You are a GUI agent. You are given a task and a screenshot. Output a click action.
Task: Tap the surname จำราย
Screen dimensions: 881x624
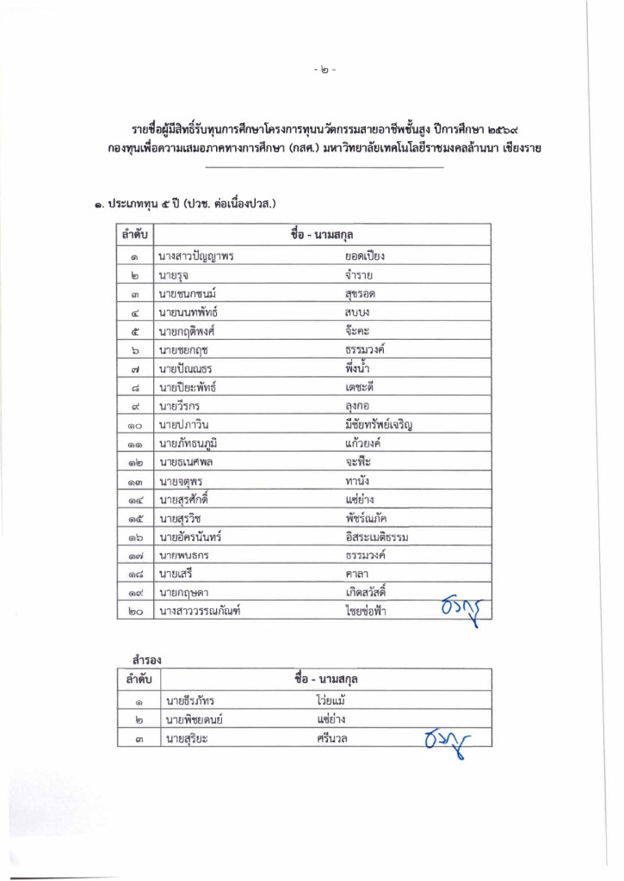[358, 275]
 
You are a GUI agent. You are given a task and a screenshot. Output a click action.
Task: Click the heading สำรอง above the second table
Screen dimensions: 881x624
[137, 659]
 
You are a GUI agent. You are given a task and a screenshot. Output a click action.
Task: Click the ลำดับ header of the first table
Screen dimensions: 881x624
[136, 234]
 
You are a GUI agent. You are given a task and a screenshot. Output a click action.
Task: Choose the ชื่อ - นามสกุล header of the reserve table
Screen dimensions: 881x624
[325, 680]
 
